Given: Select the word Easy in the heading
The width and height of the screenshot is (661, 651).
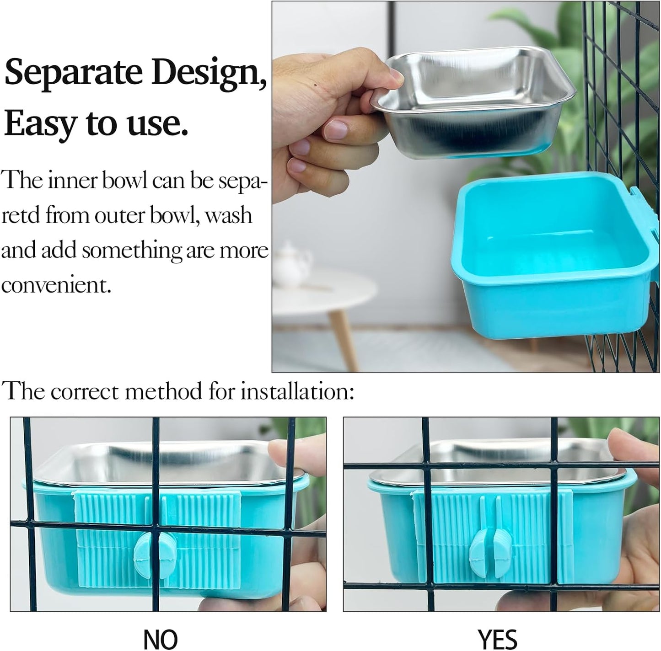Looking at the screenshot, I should (x=40, y=123).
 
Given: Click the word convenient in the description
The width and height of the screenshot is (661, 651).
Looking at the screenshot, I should (x=56, y=285).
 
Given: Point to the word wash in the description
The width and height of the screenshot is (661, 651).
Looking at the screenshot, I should (x=228, y=215).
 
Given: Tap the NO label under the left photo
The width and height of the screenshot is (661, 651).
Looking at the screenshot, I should (x=161, y=639).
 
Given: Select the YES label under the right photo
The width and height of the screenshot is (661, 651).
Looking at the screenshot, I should (x=497, y=639).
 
